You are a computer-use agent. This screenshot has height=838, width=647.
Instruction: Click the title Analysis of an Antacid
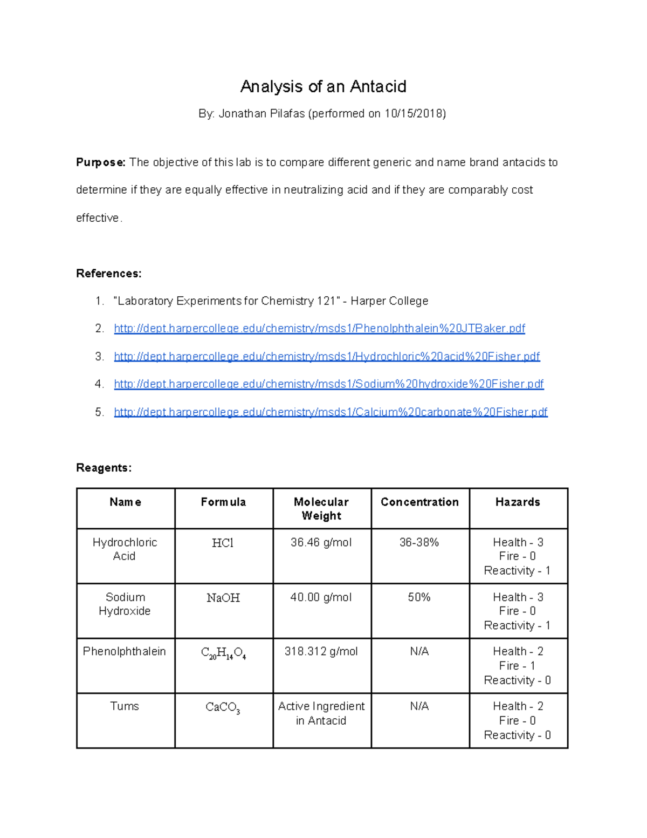tap(323, 86)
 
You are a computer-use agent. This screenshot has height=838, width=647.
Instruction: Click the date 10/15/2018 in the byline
tap(414, 113)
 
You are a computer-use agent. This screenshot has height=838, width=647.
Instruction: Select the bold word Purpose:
tap(100, 162)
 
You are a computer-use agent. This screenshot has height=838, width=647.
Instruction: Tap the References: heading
tap(108, 274)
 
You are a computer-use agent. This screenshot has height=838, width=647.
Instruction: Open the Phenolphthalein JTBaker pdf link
tap(319, 329)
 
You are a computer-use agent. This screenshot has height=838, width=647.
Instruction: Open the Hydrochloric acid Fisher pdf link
tap(327, 356)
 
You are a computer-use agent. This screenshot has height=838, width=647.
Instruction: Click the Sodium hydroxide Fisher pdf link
tap(329, 384)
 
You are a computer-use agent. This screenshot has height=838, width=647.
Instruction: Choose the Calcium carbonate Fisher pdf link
tap(331, 412)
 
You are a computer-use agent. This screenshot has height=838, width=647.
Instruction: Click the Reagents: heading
tap(104, 468)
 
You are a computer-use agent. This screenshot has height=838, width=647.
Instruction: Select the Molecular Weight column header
tap(321, 508)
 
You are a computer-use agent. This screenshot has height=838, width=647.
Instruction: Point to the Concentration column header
tap(419, 502)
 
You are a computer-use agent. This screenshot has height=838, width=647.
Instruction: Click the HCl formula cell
tap(223, 543)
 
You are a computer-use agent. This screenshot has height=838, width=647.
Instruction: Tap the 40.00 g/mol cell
tap(321, 597)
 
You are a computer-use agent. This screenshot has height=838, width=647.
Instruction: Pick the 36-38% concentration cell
tap(419, 542)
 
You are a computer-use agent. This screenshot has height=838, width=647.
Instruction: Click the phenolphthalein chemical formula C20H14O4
tap(223, 653)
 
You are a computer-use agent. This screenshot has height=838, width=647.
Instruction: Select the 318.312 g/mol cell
tap(321, 651)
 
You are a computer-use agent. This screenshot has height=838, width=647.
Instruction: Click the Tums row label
tap(125, 706)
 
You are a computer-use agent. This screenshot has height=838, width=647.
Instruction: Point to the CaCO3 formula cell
tap(223, 707)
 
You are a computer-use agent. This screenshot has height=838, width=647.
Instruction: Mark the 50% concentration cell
tap(419, 597)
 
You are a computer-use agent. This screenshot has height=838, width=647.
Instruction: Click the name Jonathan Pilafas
tap(261, 113)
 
